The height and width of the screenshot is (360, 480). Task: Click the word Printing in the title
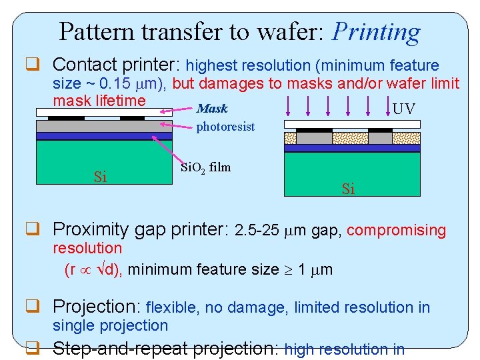(376, 31)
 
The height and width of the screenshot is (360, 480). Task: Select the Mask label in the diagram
(212, 109)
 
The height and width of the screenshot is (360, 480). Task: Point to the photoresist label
(225, 127)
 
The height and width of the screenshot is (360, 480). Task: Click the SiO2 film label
(205, 167)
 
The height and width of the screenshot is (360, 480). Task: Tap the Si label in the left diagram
(100, 177)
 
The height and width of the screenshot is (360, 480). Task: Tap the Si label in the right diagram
(348, 189)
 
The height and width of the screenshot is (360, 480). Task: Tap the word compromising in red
(396, 230)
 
